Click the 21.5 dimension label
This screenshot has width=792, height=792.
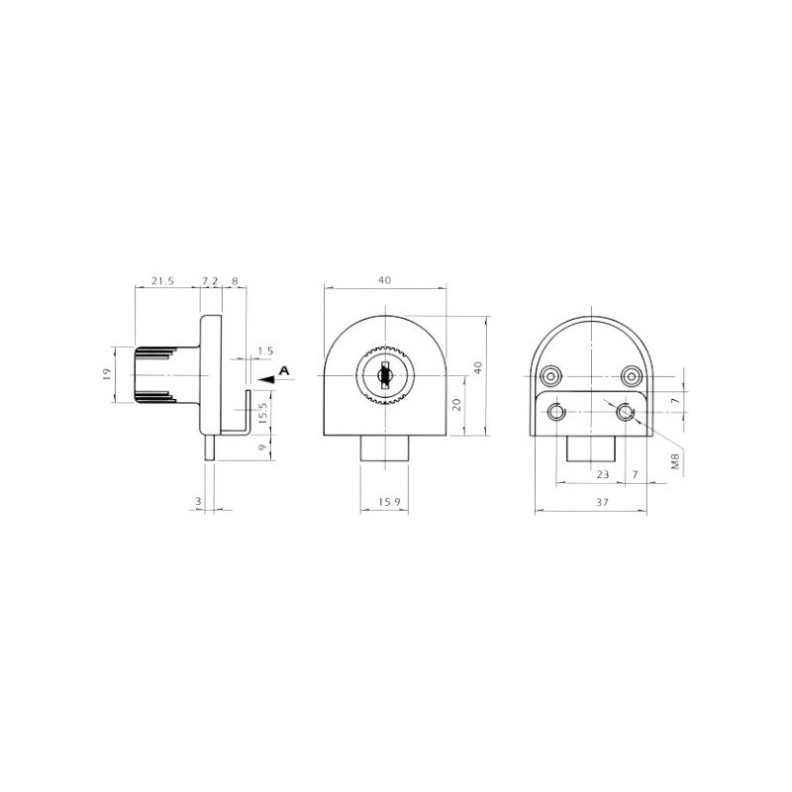pos(162,280)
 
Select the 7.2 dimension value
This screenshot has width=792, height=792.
pos(210,280)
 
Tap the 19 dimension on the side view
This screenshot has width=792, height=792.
pos(106,374)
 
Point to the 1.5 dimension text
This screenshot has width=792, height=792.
pos(265,350)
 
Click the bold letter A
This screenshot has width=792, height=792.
pos(284,370)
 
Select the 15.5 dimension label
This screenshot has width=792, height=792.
pos(262,413)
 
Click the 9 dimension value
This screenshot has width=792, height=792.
pos(262,447)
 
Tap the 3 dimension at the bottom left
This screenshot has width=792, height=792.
pos(199,501)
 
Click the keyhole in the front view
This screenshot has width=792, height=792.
pos(384,375)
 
